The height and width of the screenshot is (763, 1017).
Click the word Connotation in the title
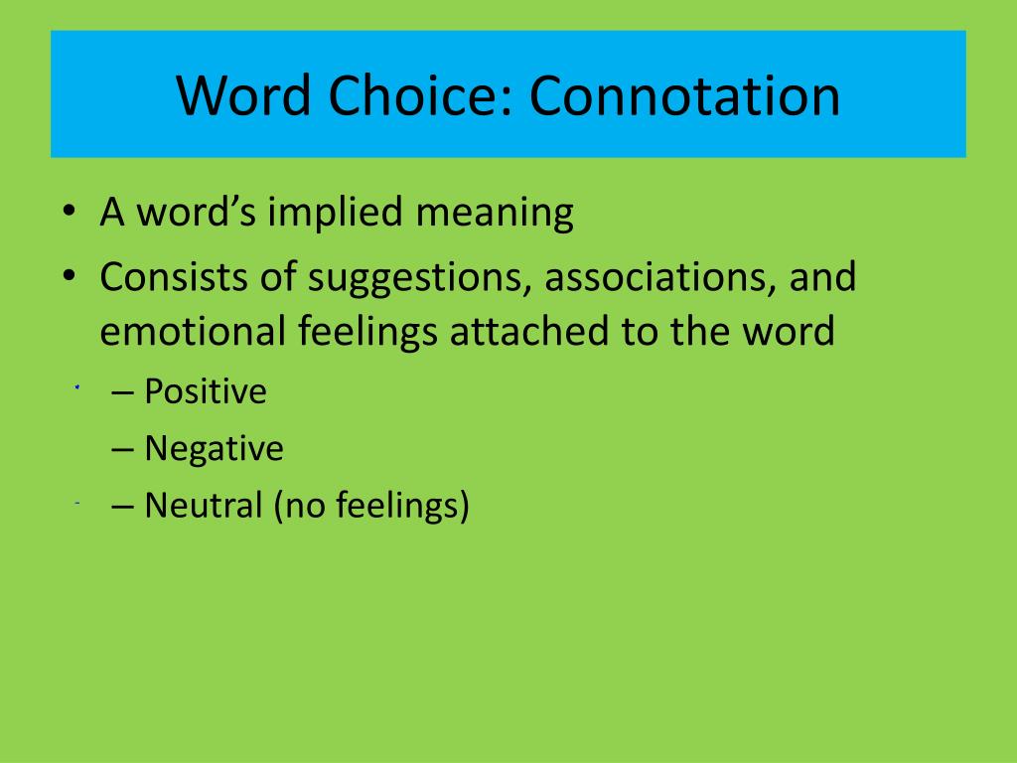(x=684, y=95)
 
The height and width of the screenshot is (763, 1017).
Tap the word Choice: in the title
(x=421, y=95)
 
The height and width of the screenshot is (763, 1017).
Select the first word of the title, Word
(x=244, y=95)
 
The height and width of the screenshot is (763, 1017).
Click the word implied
(x=336, y=213)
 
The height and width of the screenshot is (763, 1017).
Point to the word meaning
(x=495, y=214)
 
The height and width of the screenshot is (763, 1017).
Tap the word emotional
(x=192, y=330)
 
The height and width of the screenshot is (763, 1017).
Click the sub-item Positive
(x=205, y=391)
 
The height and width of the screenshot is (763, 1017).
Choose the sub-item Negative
(x=215, y=449)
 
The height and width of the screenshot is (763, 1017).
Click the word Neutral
(x=203, y=506)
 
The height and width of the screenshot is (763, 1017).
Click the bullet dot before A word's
(x=70, y=211)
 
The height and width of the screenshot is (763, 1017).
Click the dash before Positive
(x=122, y=392)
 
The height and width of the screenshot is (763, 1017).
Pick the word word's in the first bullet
(x=197, y=213)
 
